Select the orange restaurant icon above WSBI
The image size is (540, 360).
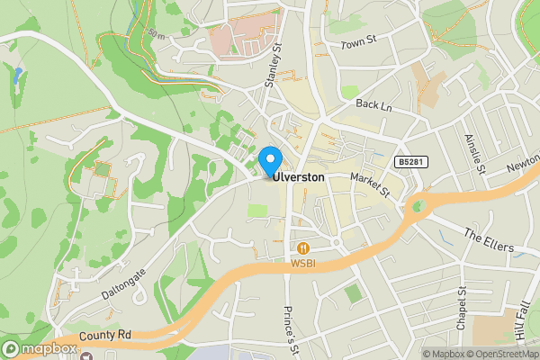pos(303,248)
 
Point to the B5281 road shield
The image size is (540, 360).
pos(409,162)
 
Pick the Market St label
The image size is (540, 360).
pos(369,186)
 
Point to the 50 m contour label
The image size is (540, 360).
pos(158,34)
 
